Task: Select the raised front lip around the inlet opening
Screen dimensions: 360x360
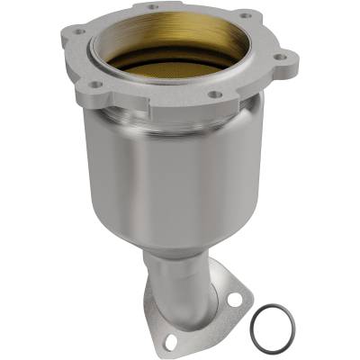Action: (x=171, y=90)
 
